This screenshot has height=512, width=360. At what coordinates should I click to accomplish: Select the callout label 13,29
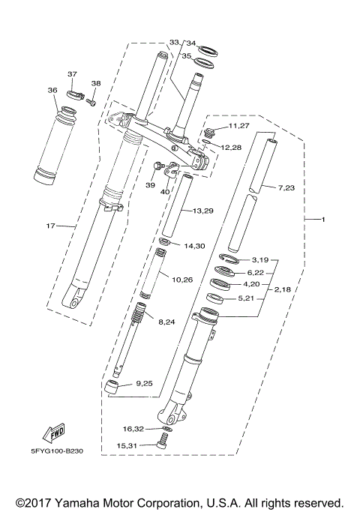pos(203,211)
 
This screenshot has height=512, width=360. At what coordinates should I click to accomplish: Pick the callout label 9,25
pos(143,385)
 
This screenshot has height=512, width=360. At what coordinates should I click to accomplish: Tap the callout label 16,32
pos(133,429)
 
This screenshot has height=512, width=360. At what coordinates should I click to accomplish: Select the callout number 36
pos(52,90)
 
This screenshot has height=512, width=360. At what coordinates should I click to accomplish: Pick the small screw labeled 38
pos(91,100)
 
